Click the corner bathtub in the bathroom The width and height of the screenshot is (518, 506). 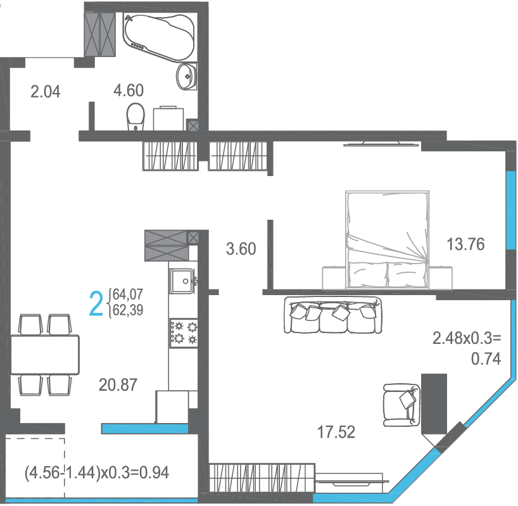(158, 36)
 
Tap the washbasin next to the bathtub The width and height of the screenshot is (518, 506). (187, 77)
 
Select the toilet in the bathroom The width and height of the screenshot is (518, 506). (136, 117)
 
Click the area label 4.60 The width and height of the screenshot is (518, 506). (129, 91)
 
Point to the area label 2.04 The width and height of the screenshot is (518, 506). (45, 91)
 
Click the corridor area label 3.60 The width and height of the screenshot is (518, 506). (241, 249)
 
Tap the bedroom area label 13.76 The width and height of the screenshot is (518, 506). (465, 244)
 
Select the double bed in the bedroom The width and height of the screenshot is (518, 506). (387, 240)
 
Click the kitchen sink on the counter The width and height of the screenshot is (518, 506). (182, 281)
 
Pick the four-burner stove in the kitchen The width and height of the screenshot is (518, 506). (184, 333)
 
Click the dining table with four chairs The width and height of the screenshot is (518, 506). (45, 355)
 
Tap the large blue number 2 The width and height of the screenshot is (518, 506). (96, 303)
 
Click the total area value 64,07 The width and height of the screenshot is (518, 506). (128, 294)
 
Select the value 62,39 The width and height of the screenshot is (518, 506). (128, 310)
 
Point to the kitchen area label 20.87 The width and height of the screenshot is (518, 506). (118, 385)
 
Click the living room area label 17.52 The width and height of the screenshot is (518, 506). (336, 432)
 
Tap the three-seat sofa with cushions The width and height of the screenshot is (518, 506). (333, 315)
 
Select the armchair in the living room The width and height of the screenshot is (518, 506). (401, 405)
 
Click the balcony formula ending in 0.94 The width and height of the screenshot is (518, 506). (97, 472)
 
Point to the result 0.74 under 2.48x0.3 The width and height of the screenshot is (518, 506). (486, 358)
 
